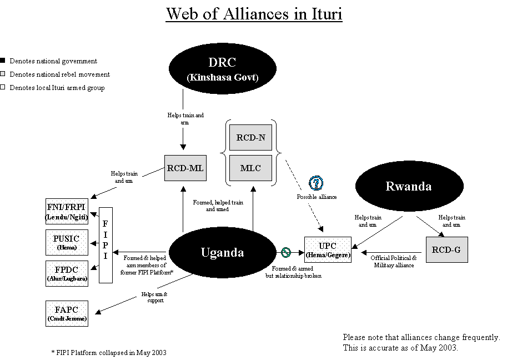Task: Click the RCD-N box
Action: pos(250,137)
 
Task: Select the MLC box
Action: pos(250,168)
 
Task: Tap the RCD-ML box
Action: pos(185,168)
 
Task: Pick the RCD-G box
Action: pos(446,249)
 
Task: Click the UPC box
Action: pos(328,249)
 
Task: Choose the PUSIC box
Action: pos(67,242)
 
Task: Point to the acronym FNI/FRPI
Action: pos(67,207)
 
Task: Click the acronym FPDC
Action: pos(67,269)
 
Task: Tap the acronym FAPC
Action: pos(67,309)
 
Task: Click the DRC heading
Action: pos(222,63)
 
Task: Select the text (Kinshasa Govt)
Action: pos(222,77)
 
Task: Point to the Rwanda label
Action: pos(408,186)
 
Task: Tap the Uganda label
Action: pos(222,252)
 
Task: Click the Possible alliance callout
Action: pos(317,197)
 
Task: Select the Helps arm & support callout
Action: pos(155,297)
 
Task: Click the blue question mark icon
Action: pos(316,183)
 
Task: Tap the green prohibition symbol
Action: pos(286,253)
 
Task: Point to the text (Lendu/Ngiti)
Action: pos(67,217)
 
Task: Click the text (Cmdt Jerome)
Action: pos(67,319)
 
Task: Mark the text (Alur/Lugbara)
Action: pos(67,278)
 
